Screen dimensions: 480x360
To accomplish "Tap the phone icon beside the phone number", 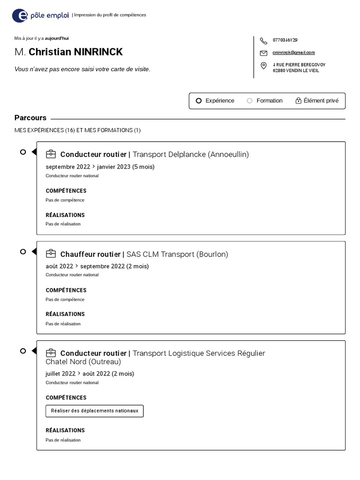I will point(263,41).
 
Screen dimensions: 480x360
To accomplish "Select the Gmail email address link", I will point(293,52).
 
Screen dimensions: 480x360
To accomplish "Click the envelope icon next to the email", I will point(263,53).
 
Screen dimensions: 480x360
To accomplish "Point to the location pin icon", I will point(263,65).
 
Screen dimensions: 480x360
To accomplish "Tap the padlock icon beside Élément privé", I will point(298,101).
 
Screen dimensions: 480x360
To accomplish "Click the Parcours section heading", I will point(30,118).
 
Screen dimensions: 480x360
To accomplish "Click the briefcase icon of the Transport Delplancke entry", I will point(51,154).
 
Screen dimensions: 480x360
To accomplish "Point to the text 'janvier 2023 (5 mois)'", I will point(126,166).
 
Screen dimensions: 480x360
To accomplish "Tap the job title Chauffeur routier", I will point(90,254).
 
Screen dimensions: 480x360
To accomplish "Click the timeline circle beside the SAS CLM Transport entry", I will point(23,252).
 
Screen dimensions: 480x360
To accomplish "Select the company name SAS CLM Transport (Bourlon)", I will point(177,254).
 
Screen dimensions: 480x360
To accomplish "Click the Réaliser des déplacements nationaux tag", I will point(95,411).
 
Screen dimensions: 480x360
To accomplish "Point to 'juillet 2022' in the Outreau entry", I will point(60,374).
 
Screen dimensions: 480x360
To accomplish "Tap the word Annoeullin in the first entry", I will point(228,154).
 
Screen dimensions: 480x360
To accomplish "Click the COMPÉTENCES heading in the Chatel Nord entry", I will point(66,397).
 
